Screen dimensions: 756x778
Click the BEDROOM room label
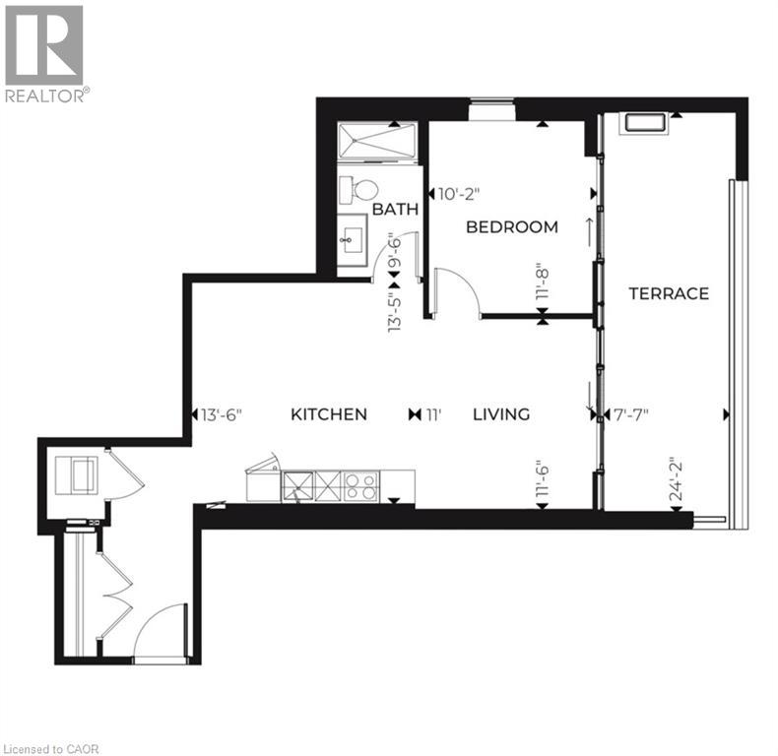[x=511, y=227]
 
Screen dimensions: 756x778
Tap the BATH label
[x=395, y=210]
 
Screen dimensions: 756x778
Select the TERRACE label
[x=670, y=293]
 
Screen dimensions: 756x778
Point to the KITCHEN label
[x=329, y=414]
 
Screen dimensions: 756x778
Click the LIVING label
[x=500, y=414]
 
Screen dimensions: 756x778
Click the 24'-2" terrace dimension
[x=677, y=479]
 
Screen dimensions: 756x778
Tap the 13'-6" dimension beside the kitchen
[x=222, y=414]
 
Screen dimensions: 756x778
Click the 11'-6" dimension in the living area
[x=541, y=479]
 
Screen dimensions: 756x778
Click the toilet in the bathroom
[x=360, y=189]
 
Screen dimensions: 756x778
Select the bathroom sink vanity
[x=351, y=239]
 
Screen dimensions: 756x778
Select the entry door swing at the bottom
[x=160, y=630]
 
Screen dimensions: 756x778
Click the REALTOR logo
[x=45, y=54]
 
